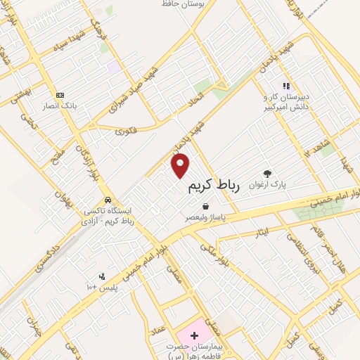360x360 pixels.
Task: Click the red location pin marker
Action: [181, 165]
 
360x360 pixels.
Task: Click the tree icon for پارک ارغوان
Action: [266, 173]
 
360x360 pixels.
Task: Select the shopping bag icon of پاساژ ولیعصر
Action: [205, 206]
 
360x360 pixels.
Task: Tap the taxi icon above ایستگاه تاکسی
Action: [107, 199]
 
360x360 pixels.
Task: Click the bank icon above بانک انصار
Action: [60, 95]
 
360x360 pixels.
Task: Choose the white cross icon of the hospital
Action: [194, 329]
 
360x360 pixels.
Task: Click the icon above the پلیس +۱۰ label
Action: [103, 276]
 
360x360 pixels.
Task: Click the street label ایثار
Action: [262, 231]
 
